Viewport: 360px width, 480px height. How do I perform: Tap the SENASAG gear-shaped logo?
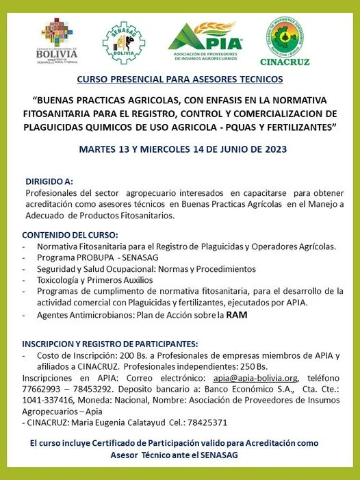(123, 42)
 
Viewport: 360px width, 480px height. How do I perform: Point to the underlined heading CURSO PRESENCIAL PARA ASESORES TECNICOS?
(180, 79)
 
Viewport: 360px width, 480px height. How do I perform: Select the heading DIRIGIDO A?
(49, 182)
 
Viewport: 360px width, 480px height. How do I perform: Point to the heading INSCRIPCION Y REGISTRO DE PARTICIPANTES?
(110, 343)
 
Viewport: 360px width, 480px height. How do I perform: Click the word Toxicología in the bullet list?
(64, 279)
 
